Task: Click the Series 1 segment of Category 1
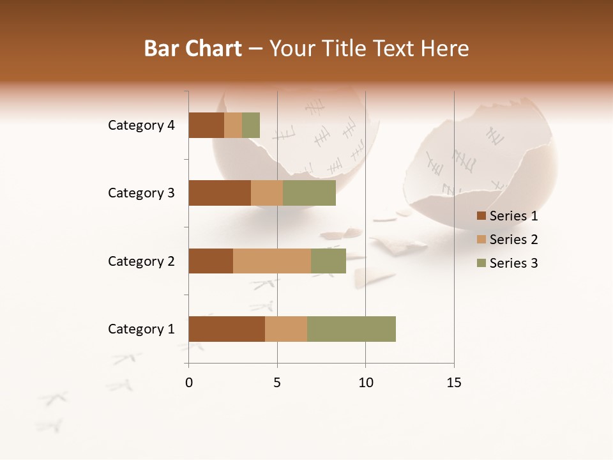coord(226,329)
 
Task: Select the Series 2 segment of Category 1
coord(285,329)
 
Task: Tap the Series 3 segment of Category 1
coord(351,329)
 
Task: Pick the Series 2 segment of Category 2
coord(271,261)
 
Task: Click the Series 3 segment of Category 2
coord(328,261)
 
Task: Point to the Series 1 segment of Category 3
coord(219,193)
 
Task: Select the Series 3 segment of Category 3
coord(309,193)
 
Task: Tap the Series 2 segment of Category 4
coord(233,125)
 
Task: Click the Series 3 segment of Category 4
coord(251,125)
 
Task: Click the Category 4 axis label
coord(141,125)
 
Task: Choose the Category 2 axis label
coord(141,261)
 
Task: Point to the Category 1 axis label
coord(141,329)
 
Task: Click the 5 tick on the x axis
coord(277,383)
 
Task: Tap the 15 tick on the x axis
coord(453,383)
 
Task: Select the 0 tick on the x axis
coord(188,383)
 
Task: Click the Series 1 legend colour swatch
coord(481,216)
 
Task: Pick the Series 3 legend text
coord(513,263)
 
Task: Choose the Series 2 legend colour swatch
coord(481,240)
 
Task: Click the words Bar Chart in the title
coord(193,48)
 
